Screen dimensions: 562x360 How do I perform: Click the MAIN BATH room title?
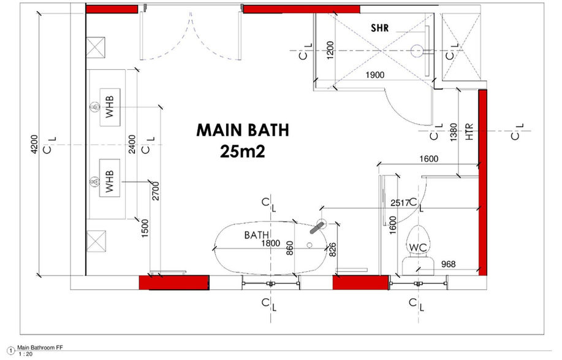pyautogui.click(x=242, y=131)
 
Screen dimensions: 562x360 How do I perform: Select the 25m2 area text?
pyautogui.click(x=242, y=151)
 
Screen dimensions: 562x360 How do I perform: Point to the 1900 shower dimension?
pyautogui.click(x=374, y=75)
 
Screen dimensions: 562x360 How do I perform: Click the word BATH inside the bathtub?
pyautogui.click(x=257, y=235)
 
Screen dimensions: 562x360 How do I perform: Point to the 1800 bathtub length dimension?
pyautogui.click(x=270, y=243)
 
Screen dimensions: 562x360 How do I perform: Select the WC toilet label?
pyautogui.click(x=418, y=247)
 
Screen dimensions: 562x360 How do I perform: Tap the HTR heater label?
pyautogui.click(x=469, y=134)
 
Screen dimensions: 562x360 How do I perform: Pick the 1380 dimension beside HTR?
pyautogui.click(x=453, y=133)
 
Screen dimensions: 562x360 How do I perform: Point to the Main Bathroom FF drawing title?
pyautogui.click(x=40, y=348)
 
